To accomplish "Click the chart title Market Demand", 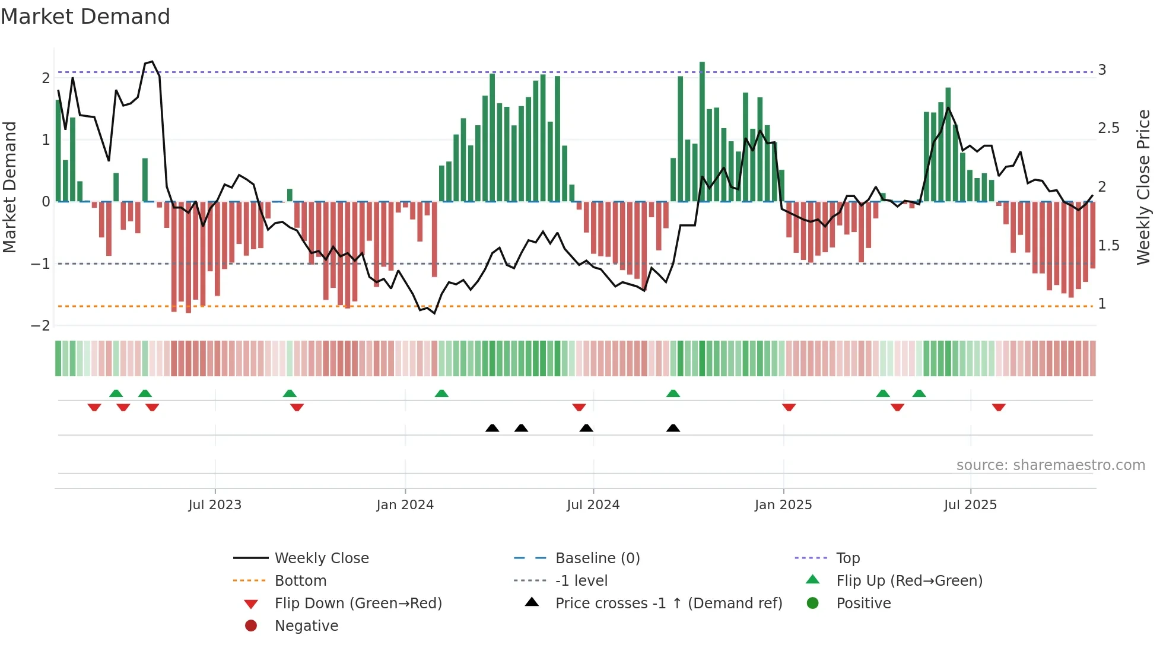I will pyautogui.click(x=85, y=17).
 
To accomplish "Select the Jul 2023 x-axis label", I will pyautogui.click(x=215, y=505).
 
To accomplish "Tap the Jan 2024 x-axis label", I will pyautogui.click(x=405, y=505).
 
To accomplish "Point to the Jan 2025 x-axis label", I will pyautogui.click(x=783, y=505).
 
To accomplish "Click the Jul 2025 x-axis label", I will pyautogui.click(x=970, y=505).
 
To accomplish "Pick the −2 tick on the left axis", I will pyautogui.click(x=40, y=326).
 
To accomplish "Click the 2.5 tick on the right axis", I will pyautogui.click(x=1108, y=128).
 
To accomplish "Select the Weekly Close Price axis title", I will pyautogui.click(x=1143, y=187).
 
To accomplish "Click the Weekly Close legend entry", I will pyautogui.click(x=321, y=558).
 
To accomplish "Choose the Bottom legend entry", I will pyautogui.click(x=300, y=581).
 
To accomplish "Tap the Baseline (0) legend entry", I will pyautogui.click(x=597, y=558).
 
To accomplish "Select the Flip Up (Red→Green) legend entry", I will pyautogui.click(x=909, y=581).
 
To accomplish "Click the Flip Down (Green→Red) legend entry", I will pyautogui.click(x=358, y=604).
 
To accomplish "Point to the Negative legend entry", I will pyautogui.click(x=306, y=626).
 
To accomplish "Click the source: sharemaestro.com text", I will pyautogui.click(x=1050, y=465).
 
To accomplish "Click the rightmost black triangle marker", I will pyautogui.click(x=673, y=428).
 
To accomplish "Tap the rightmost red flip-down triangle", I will pyautogui.click(x=999, y=407).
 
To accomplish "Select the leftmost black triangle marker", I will pyautogui.click(x=492, y=428).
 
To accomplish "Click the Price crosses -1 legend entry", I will pyautogui.click(x=668, y=604).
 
